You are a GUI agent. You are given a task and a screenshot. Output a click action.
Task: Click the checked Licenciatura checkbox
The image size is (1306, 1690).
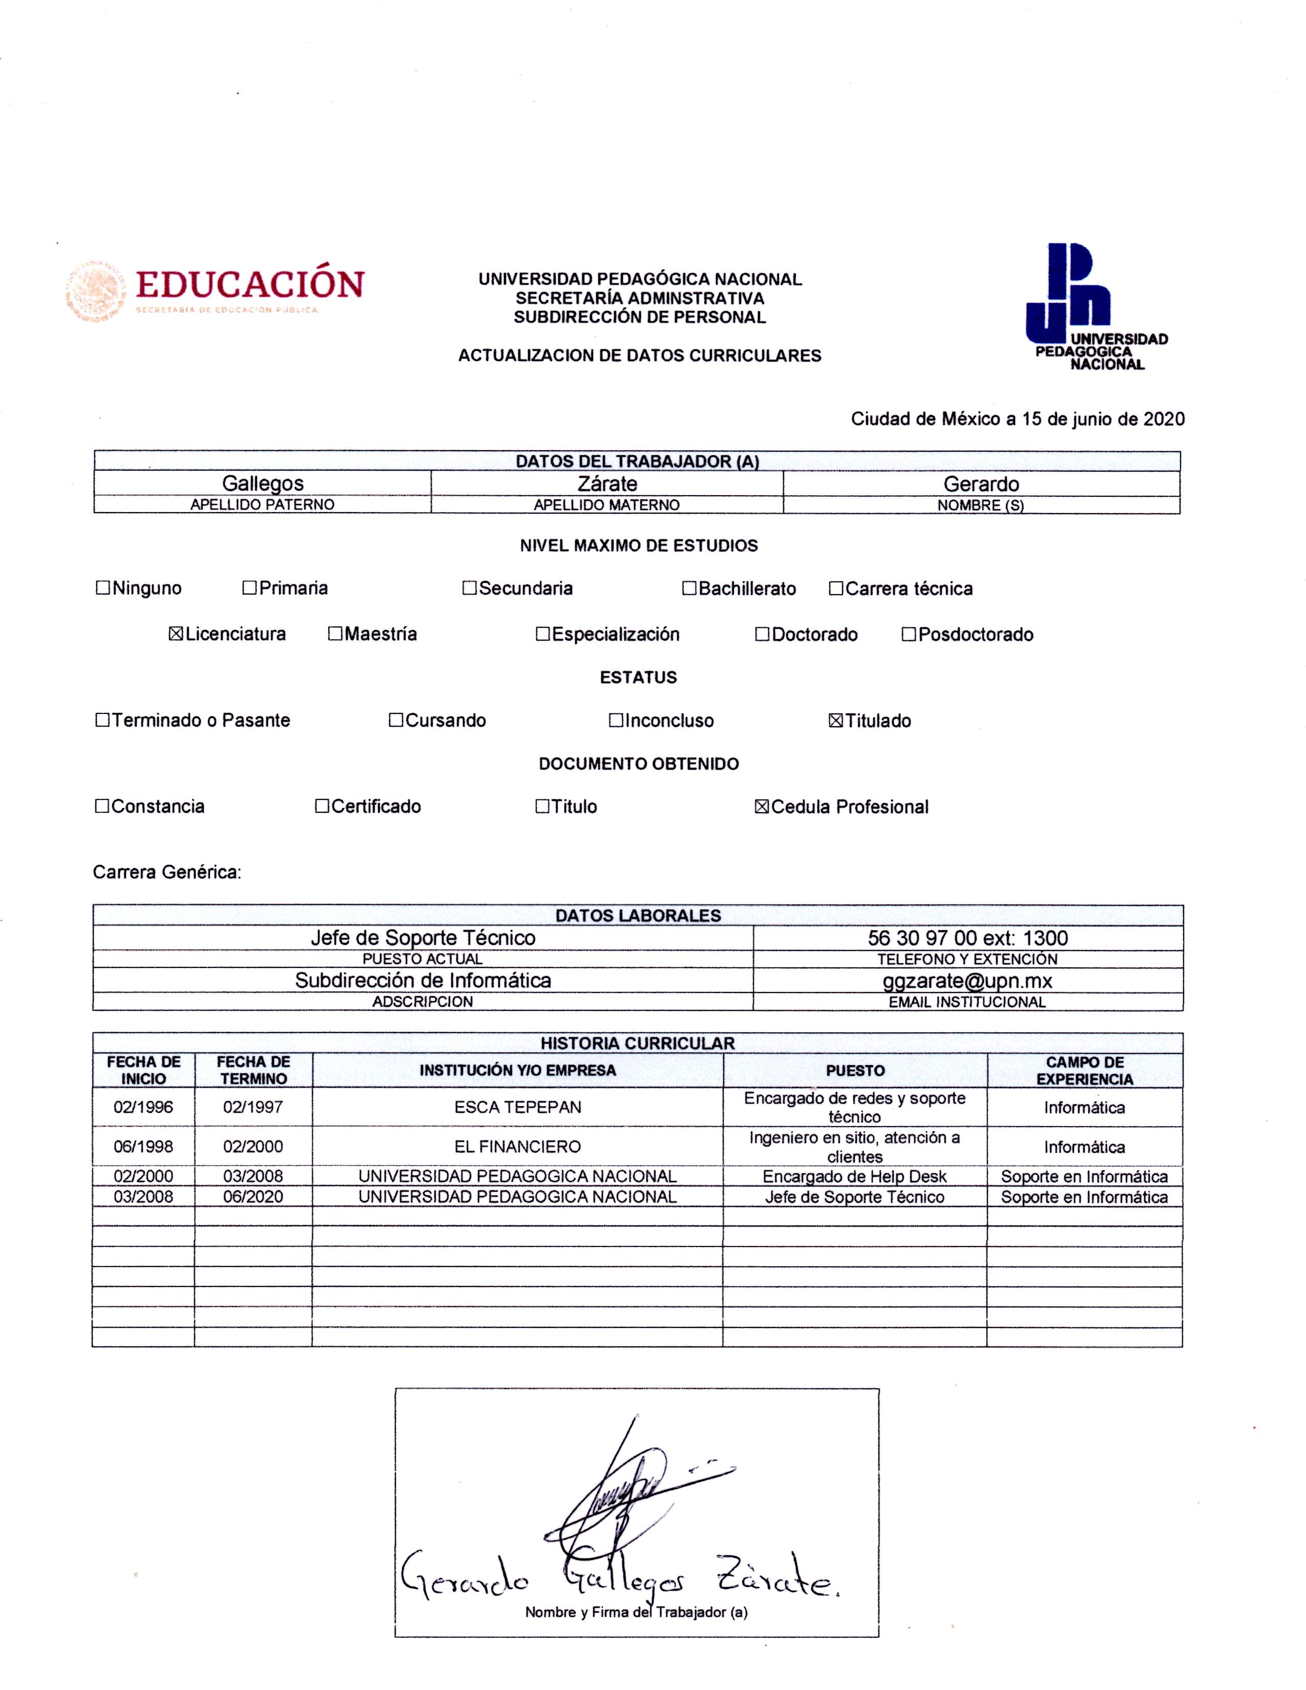[x=176, y=635]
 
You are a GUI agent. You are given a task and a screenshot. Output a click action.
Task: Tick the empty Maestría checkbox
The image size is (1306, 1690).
[x=335, y=635]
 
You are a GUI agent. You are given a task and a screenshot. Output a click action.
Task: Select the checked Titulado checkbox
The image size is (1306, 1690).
[x=836, y=721]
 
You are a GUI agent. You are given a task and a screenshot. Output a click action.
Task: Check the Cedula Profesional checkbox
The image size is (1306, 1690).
[x=761, y=807]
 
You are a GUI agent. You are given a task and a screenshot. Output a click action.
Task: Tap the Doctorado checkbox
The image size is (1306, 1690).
[x=762, y=635]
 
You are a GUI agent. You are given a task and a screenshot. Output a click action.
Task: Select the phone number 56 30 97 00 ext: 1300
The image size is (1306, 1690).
[x=967, y=938]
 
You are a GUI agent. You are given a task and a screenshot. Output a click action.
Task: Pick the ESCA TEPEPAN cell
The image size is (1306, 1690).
[x=518, y=1107]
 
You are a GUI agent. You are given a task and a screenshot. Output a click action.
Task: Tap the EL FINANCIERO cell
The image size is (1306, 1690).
[x=518, y=1147]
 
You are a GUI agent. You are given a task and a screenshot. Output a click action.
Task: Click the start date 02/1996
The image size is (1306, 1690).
[x=143, y=1107]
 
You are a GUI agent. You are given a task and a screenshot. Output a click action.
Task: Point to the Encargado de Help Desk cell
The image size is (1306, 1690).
[x=854, y=1177]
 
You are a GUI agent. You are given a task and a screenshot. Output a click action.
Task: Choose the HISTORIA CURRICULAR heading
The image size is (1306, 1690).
[x=638, y=1043]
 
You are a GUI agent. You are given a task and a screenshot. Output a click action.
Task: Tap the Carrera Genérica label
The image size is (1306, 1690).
[x=167, y=873]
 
